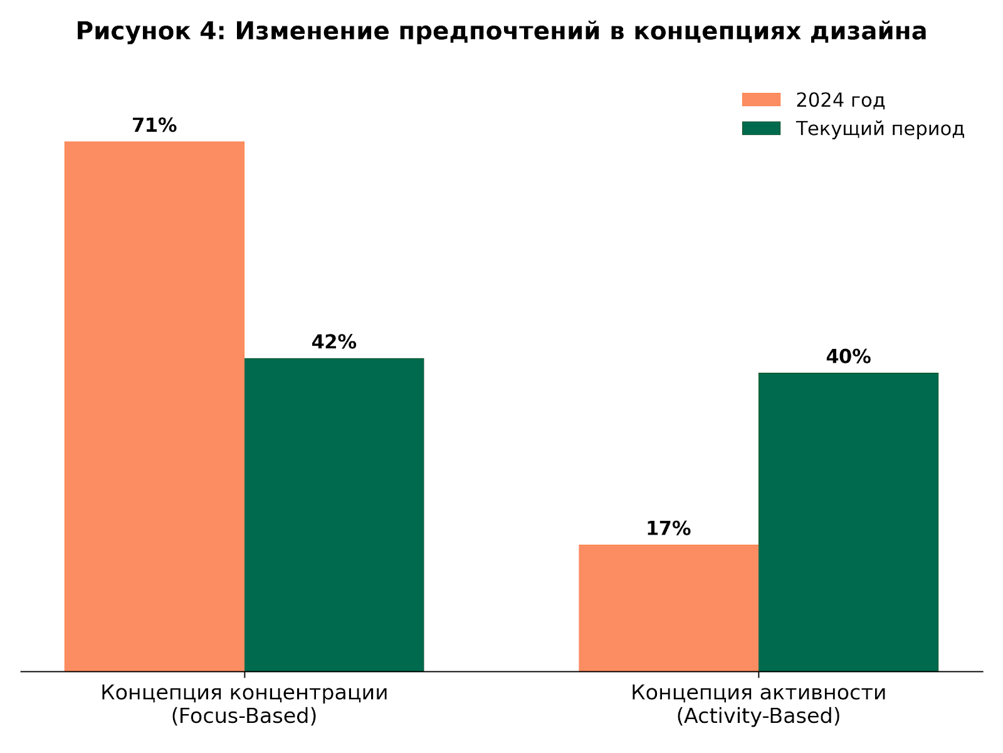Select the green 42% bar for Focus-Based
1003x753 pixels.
334,515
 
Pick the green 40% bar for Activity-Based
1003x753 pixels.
848,521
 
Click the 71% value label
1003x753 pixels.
154,125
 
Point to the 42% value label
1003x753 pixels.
334,342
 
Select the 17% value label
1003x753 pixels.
668,528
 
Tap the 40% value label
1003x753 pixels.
848,356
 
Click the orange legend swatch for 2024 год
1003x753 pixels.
761,100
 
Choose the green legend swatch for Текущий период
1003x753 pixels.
761,129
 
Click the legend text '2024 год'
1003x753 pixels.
840,100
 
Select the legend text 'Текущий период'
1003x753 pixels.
880,129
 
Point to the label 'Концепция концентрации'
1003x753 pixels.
244,693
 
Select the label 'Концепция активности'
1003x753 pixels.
759,693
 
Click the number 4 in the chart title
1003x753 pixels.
211,31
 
